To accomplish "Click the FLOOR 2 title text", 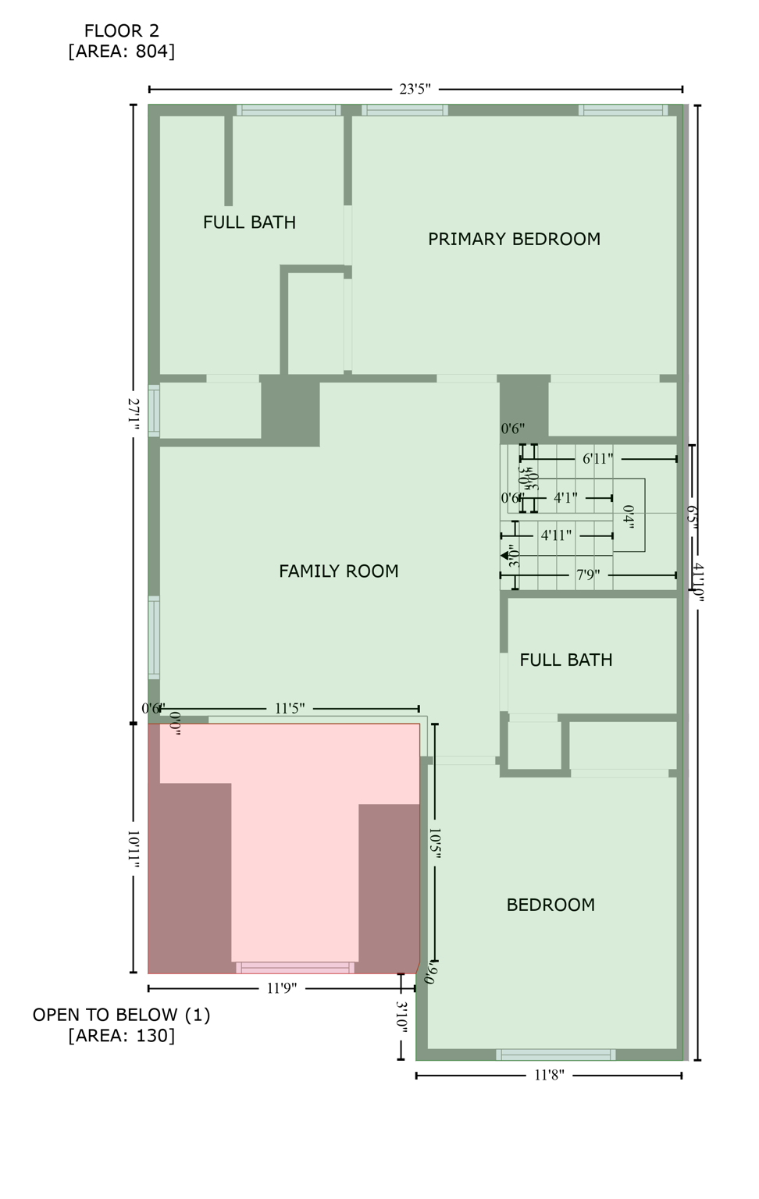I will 121,30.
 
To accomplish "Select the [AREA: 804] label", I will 121,52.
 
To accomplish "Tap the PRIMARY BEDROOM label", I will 514,239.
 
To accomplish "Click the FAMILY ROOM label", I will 338,571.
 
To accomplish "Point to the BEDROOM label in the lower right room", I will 551,905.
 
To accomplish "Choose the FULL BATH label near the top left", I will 249,222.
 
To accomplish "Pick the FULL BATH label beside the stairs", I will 565,660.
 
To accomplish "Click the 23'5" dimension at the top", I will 415,89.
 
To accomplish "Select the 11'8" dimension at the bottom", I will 549,1075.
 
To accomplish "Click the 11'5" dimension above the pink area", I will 289,709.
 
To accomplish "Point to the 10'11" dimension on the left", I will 134,849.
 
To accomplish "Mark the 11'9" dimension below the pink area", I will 281,988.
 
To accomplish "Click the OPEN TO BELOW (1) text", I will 121,1015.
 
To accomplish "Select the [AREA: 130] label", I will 121,1036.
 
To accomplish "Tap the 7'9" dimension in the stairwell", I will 588,575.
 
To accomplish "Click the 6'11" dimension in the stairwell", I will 597,459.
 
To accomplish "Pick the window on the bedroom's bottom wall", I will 555,1055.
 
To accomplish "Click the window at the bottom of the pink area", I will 295,968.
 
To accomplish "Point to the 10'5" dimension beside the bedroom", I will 435,845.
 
